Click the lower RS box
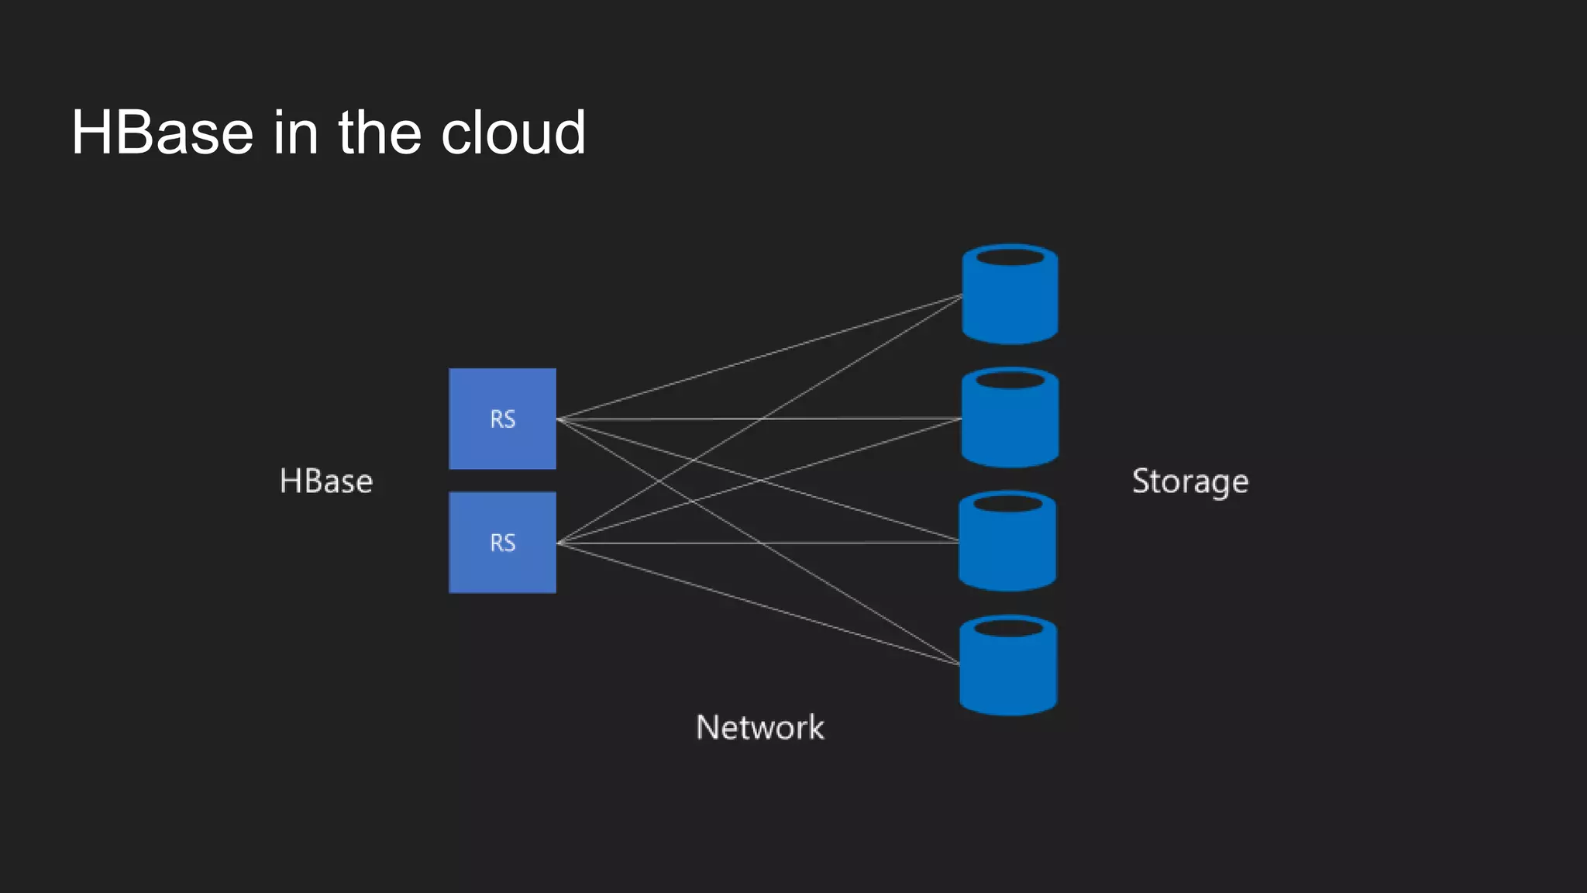tap(502, 570)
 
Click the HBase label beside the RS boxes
tap(326, 481)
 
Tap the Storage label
tap(1190, 481)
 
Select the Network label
tap(759, 728)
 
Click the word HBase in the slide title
tap(162, 133)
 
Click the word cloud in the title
tap(513, 133)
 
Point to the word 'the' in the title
tap(379, 133)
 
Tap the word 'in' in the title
tap(295, 133)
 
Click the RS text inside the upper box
tap(502, 419)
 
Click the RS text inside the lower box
tap(502, 543)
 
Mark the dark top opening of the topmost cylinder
tap(1010, 257)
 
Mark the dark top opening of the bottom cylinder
tap(1007, 627)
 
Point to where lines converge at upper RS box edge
tap(558, 419)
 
